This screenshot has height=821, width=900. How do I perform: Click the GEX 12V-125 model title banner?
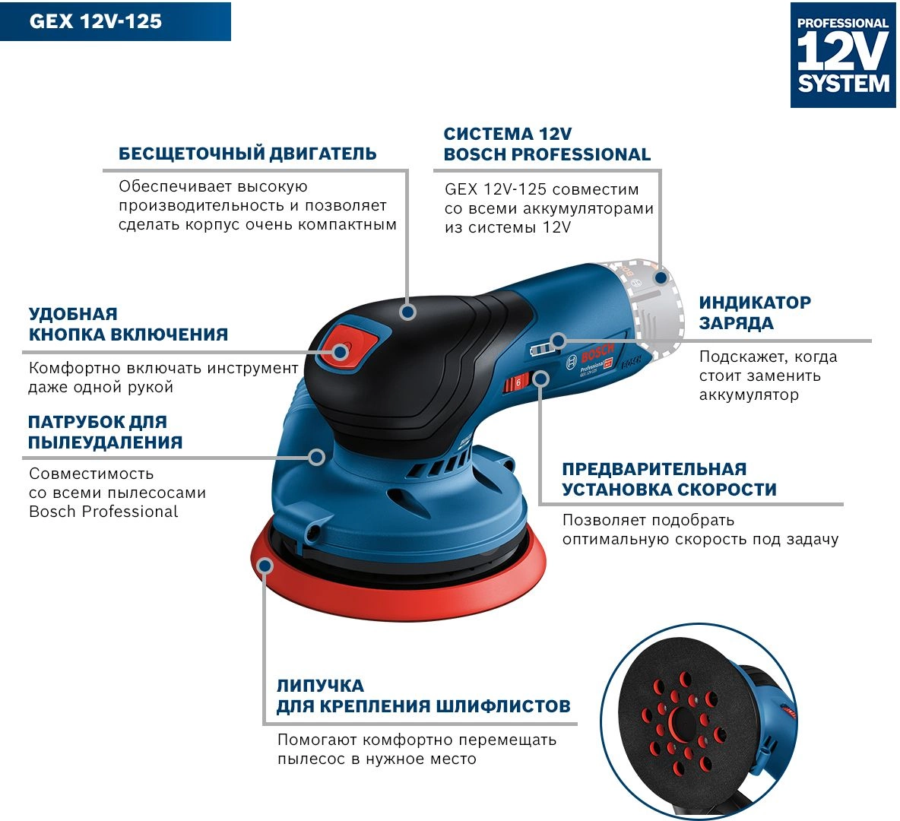coord(116,21)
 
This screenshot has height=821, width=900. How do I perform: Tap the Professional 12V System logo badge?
coord(842,55)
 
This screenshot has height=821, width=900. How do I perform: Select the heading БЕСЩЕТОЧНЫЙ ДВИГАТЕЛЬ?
coord(247,154)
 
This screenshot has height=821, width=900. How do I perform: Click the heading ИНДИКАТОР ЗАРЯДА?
coord(755,312)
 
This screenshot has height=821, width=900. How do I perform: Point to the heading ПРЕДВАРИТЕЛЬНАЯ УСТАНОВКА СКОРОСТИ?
coord(669,479)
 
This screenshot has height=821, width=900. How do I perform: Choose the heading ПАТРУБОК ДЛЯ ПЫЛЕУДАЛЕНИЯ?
coord(106,432)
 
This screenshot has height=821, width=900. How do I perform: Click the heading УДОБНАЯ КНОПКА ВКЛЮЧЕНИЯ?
coord(128,324)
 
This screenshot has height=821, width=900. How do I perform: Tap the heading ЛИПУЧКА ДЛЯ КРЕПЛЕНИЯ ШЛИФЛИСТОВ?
coord(423,696)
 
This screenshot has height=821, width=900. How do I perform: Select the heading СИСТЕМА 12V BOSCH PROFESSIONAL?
coord(547,144)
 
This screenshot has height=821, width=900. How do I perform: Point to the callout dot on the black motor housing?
coord(408,312)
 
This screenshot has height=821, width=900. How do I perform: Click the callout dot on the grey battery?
coord(661,278)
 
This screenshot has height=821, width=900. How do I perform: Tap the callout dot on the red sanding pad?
coord(265,566)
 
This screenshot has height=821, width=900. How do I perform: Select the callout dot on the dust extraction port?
coord(316,457)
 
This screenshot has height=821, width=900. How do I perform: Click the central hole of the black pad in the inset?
coord(682,719)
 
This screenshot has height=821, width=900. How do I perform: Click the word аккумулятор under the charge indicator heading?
coord(749,395)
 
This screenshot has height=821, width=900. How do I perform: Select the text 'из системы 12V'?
coord(508,227)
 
